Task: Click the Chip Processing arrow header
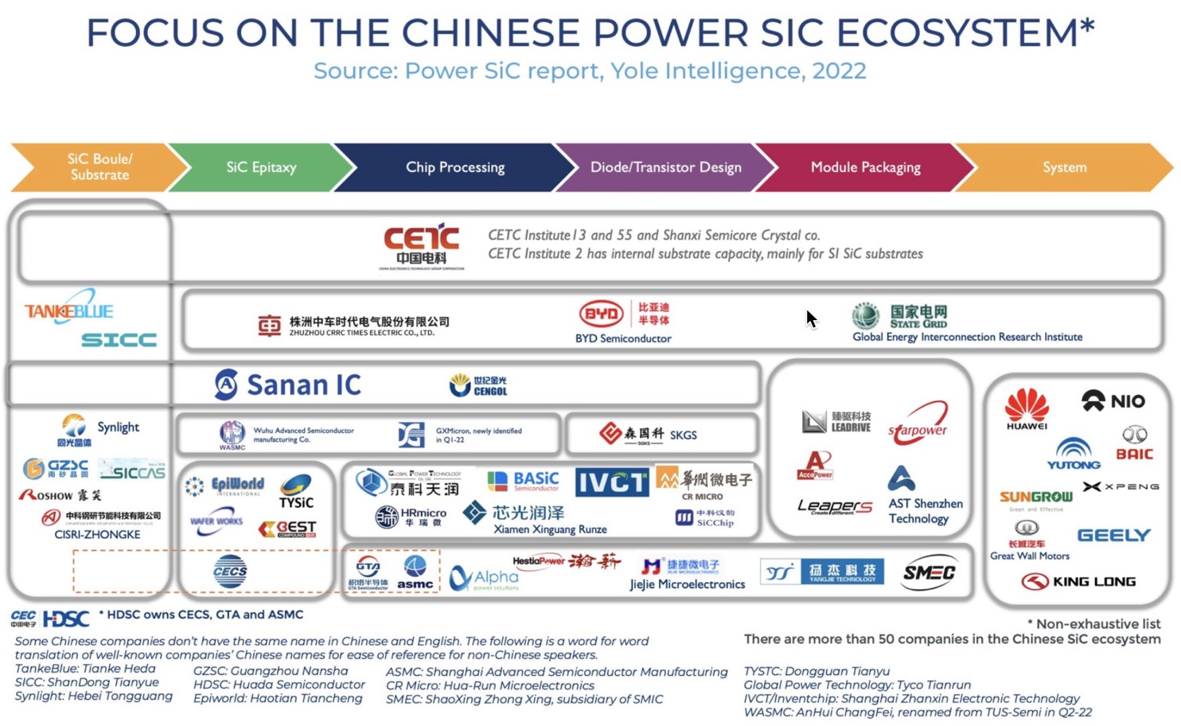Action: [x=455, y=167]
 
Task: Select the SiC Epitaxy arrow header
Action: [x=261, y=167]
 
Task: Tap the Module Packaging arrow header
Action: [x=865, y=167]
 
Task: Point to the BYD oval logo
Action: [x=602, y=314]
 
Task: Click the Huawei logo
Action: [x=1027, y=408]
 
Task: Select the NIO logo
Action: [x=1113, y=400]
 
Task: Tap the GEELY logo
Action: [x=1113, y=535]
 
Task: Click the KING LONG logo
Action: [x=1078, y=582]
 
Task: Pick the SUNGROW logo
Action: [x=1035, y=497]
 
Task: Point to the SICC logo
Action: [x=119, y=340]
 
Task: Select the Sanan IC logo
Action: [x=287, y=384]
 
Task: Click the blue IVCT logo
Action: [x=611, y=482]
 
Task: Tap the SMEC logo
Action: [x=929, y=572]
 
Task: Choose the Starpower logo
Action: [x=918, y=422]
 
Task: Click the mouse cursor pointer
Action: [x=811, y=318]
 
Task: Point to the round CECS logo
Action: [x=230, y=571]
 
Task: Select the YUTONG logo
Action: [x=1073, y=455]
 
